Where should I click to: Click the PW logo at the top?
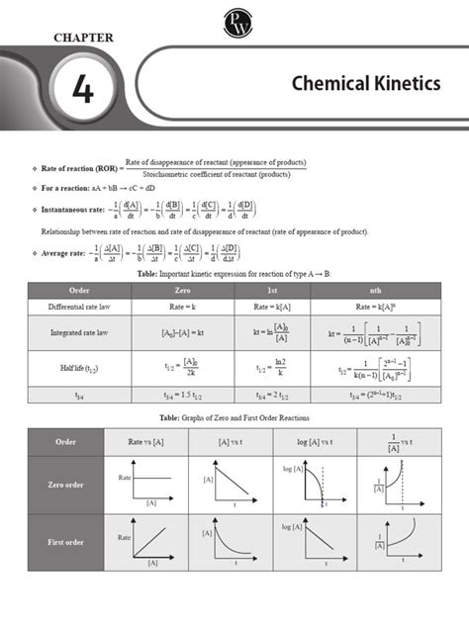click(x=234, y=18)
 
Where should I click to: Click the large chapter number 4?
click(x=84, y=90)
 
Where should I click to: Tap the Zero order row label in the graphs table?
click(x=68, y=486)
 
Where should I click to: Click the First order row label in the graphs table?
click(x=68, y=542)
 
